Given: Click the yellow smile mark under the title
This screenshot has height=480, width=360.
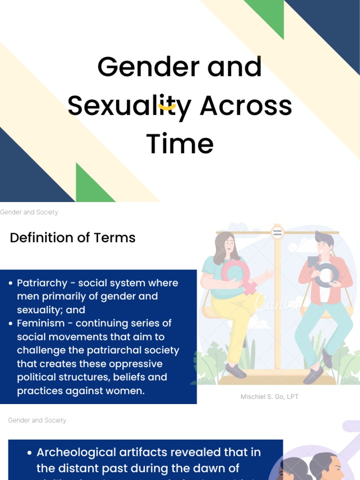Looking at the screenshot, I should (x=167, y=107).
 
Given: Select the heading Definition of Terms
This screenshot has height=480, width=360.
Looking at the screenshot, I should (x=73, y=238).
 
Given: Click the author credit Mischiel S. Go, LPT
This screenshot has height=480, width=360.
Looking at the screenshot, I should (x=270, y=397).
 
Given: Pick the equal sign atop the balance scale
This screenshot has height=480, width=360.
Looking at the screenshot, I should (x=277, y=232).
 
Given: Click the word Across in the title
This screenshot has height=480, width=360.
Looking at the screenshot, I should (x=246, y=106).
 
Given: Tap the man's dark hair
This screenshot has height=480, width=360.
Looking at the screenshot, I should (x=323, y=238).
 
